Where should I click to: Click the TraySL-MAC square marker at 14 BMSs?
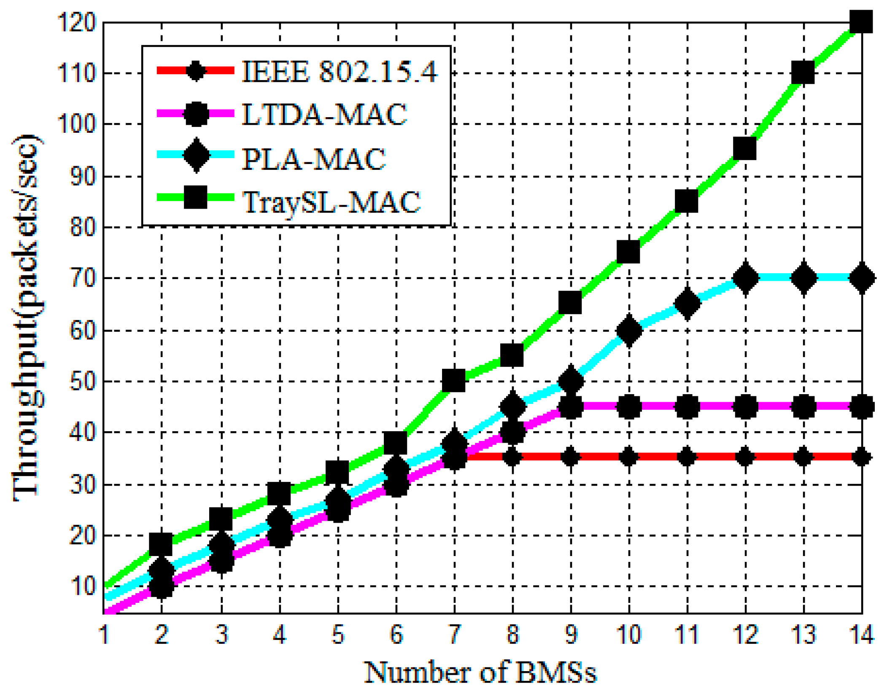pos(860,22)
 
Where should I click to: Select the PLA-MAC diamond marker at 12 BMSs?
pos(745,278)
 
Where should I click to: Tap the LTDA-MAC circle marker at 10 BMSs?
pos(629,407)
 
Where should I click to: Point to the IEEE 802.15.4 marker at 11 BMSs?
pos(687,457)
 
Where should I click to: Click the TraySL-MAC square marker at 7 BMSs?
pos(454,380)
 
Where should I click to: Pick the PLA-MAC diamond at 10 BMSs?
pos(629,331)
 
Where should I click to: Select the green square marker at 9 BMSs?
pos(570,302)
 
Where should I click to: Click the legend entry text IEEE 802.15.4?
pos(340,71)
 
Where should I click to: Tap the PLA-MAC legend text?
pos(313,159)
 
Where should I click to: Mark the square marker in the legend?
pos(196,197)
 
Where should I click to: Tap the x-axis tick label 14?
pos(860,634)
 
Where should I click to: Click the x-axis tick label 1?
pos(104,634)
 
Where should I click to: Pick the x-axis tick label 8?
pos(512,634)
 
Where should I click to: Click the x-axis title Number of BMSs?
pos(480,673)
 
